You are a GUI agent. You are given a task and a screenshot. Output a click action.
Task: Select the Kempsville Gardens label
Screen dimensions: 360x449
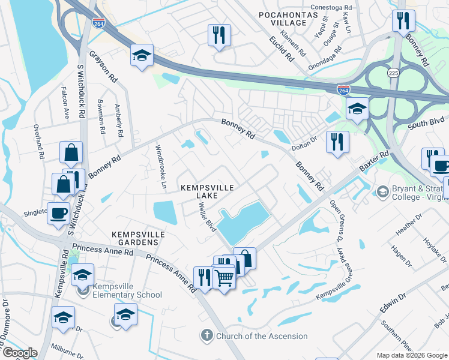click(135, 238)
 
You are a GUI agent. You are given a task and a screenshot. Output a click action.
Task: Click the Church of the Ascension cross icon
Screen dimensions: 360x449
click(206, 335)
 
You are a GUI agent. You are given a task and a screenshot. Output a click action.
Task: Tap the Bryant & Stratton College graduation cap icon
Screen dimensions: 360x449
click(382, 191)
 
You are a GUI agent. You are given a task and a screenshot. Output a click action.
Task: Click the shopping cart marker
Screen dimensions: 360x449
click(224, 278)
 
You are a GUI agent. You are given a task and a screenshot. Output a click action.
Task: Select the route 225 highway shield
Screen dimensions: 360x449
click(393, 73)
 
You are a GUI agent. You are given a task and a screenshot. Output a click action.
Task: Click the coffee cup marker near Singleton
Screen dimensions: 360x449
click(59, 214)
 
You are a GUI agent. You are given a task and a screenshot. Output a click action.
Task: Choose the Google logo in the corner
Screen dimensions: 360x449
click(20, 352)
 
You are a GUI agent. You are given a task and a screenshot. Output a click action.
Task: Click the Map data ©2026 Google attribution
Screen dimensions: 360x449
click(412, 355)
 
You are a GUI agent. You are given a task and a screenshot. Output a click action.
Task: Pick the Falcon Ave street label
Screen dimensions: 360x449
click(64, 103)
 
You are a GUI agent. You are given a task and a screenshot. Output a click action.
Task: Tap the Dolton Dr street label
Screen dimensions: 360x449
click(304, 139)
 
